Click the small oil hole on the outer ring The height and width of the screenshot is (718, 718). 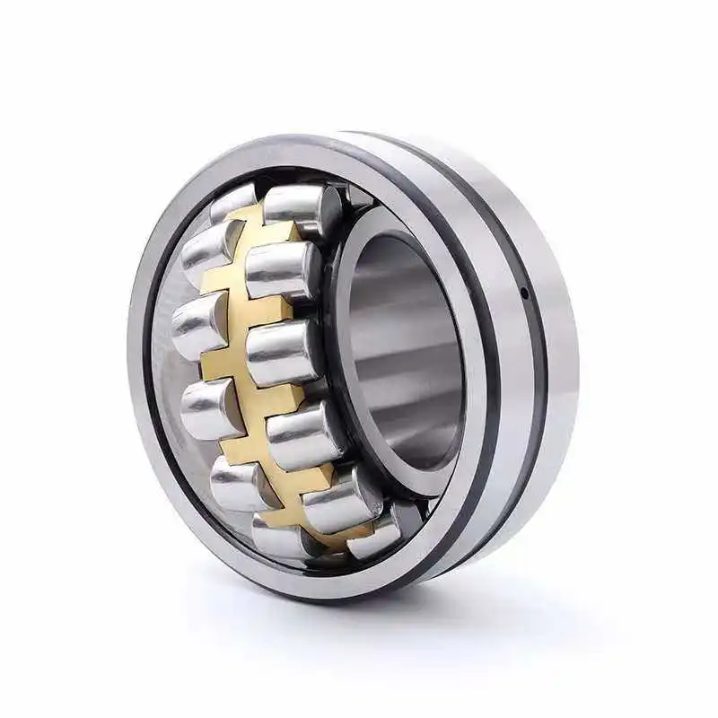(x=523, y=292)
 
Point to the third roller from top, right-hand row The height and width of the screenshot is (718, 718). (x=278, y=352)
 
